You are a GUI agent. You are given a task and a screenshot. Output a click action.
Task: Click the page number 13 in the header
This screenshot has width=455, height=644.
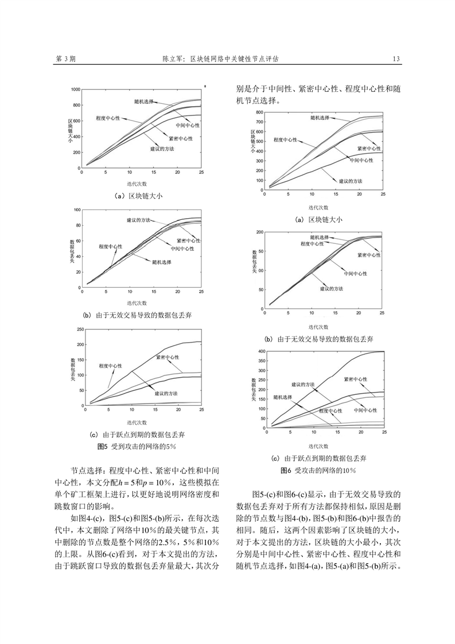(x=396, y=59)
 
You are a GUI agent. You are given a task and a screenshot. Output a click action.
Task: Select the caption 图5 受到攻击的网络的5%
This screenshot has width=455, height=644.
(x=137, y=447)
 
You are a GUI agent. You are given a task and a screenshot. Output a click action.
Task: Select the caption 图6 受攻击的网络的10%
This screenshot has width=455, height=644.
(x=318, y=470)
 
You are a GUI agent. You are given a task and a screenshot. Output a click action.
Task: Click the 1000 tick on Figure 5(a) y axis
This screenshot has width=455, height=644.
(x=75, y=90)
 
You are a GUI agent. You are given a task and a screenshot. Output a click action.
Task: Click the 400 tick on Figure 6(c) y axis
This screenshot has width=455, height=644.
(x=261, y=351)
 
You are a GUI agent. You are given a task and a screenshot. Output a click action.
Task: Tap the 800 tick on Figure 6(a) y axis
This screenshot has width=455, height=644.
(x=259, y=112)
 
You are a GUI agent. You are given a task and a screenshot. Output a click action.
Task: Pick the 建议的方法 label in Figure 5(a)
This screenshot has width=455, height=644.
(x=162, y=149)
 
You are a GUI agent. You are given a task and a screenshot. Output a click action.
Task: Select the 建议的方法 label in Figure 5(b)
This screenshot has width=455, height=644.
(x=138, y=220)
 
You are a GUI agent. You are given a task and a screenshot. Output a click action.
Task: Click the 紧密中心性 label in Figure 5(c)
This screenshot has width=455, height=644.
(x=168, y=358)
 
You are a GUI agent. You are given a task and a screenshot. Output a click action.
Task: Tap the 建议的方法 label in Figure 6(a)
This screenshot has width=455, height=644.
(x=351, y=181)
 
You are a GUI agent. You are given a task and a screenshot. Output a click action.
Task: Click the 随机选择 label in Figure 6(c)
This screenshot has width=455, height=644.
(x=282, y=398)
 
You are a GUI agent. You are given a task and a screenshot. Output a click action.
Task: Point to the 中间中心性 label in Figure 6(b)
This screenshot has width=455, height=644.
(x=356, y=274)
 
